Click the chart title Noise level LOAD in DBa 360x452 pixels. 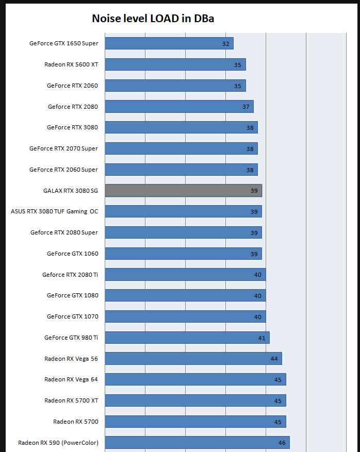pos(153,19)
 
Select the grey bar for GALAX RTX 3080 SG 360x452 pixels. pos(183,191)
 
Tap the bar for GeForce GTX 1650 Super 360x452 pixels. pos(169,43)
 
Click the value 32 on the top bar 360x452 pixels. pos(225,44)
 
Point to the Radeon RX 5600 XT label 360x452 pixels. pos(71,64)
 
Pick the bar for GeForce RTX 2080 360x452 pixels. pos(179,107)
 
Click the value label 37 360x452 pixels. pos(246,107)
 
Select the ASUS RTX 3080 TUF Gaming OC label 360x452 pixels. pos(54,211)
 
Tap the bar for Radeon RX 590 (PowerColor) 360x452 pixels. pos(197,443)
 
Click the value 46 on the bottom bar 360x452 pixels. pos(282,443)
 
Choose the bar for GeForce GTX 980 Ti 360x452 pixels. pos(187,338)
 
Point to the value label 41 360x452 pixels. pos(261,338)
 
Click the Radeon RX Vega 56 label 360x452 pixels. pos(71,359)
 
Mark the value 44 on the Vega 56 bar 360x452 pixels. pos(274,359)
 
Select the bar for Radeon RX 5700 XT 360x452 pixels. pos(195,400)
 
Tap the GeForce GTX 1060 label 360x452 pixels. pos(72,254)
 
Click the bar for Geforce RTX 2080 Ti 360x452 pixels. pos(185,275)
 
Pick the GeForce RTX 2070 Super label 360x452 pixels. pos(63,148)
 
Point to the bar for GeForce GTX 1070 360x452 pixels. pos(185,316)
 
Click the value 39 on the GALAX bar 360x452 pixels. pos(254,191)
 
